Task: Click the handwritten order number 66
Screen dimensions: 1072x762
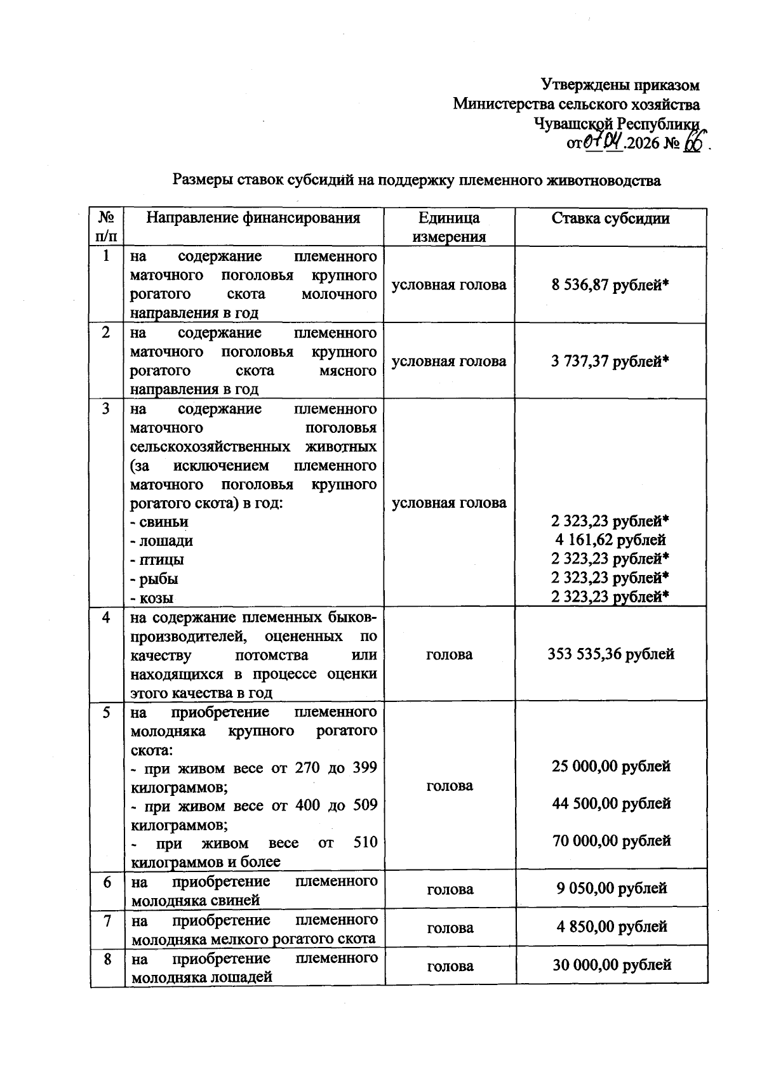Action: click(692, 143)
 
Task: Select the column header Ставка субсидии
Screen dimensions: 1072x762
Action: click(610, 218)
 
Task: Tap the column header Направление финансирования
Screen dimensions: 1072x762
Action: click(253, 218)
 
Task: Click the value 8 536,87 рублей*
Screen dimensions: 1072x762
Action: click(610, 285)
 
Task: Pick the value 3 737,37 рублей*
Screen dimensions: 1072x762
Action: click(610, 361)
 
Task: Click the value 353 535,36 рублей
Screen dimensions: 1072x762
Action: click(610, 654)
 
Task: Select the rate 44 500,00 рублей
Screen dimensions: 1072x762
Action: click(611, 804)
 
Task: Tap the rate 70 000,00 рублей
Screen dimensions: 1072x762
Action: click(611, 841)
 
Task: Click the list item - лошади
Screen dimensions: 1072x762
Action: click(162, 541)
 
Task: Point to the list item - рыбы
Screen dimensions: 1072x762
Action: click(154, 579)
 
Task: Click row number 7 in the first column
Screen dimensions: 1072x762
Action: click(107, 920)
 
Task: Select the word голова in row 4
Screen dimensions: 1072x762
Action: click(449, 654)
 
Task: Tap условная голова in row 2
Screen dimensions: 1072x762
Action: click(449, 361)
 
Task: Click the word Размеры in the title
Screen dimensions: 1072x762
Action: click(202, 181)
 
